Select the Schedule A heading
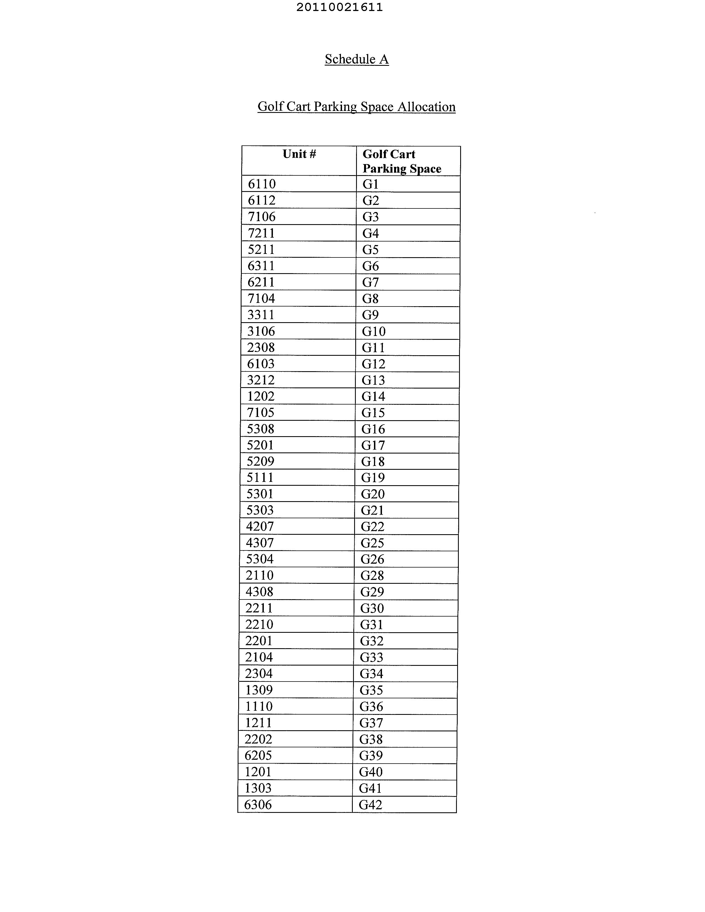coord(357,59)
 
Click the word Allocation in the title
coord(426,107)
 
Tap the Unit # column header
coord(299,154)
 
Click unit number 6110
coord(262,184)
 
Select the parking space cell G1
coord(370,184)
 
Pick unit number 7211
coord(261,233)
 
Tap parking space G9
coord(370,315)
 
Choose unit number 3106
coord(261,331)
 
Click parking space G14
coord(373,396)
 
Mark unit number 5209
coord(260,462)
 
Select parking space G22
coord(372,526)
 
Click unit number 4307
coord(260,543)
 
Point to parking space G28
coord(372,576)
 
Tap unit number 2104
coord(259,657)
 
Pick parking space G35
coord(371,690)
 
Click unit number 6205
coord(258,755)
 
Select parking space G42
coord(370,805)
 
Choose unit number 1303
coord(258,788)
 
